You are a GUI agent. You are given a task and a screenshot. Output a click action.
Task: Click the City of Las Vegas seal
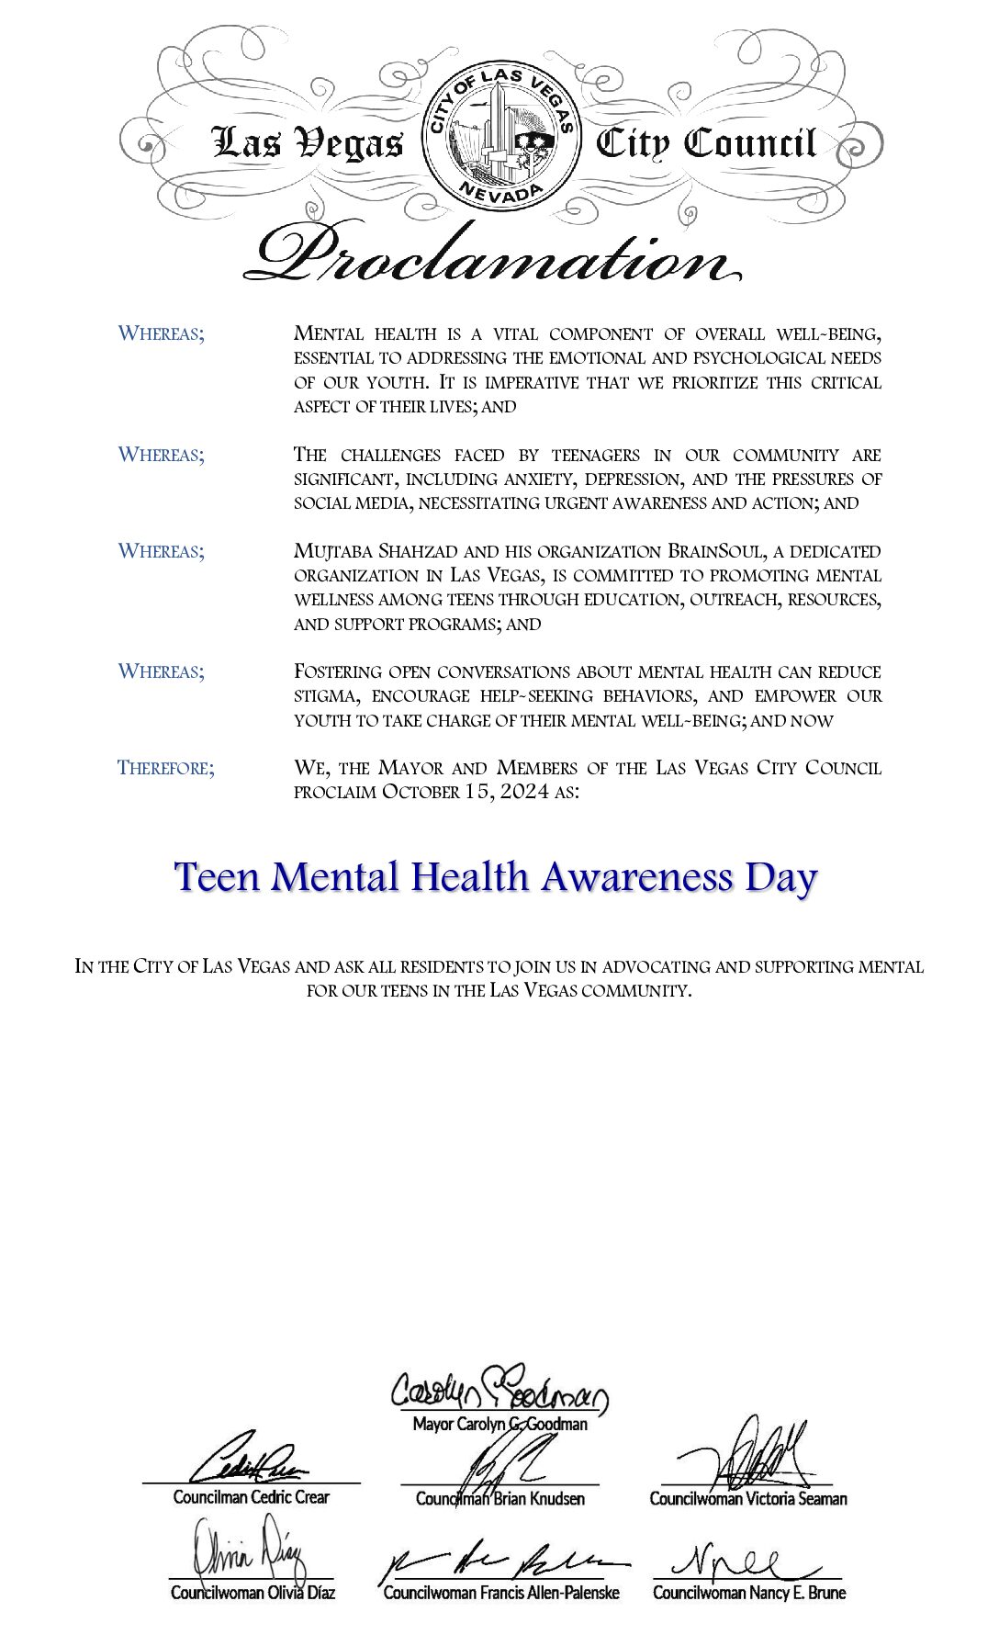tap(500, 138)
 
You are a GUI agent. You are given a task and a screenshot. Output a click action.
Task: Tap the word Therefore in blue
tap(165, 767)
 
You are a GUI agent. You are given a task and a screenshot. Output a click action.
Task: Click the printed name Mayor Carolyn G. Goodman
tap(499, 1425)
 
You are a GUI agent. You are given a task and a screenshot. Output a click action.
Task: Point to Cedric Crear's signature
tap(249, 1460)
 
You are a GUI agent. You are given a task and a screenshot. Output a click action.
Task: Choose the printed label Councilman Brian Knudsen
tap(499, 1499)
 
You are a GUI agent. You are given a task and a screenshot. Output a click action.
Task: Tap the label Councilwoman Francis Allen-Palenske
tap(500, 1593)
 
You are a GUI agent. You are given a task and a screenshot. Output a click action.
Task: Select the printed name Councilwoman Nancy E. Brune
tap(748, 1593)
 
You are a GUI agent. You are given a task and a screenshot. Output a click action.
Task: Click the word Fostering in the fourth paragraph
tap(337, 671)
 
